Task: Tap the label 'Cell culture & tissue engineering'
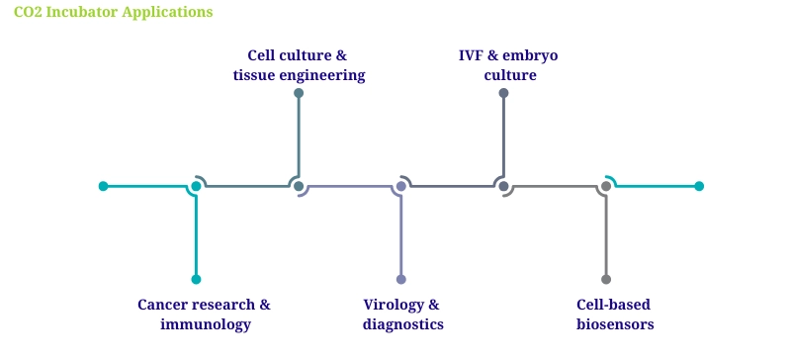pos(299,65)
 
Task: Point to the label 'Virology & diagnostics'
pos(401,315)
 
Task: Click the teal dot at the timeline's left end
pos(103,186)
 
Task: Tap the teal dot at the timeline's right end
pos(699,186)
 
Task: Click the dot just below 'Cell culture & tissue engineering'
pos(299,93)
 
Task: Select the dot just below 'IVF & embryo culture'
pos(503,93)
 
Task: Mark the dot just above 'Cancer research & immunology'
pos(196,279)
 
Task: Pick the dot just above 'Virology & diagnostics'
pos(401,279)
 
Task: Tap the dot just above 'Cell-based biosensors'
pos(606,279)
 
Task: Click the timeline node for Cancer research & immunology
pos(196,186)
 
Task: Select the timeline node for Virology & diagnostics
pos(401,186)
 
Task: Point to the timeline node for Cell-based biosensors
pos(606,186)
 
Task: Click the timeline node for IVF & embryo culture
pos(503,186)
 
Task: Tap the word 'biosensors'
pos(615,324)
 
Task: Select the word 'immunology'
pos(205,324)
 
